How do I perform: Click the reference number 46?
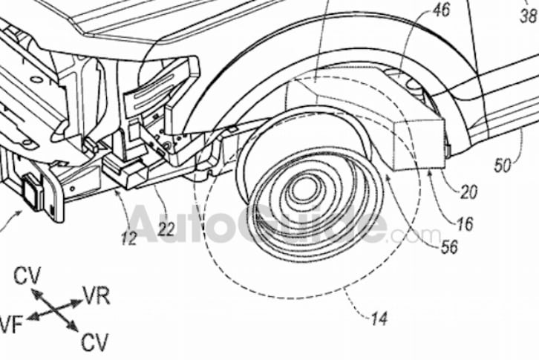tap(441, 10)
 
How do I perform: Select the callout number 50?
tap(503, 166)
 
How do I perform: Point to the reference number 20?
tap(469, 192)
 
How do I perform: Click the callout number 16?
tap(465, 224)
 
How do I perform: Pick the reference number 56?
tap(449, 246)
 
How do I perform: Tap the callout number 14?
tap(379, 318)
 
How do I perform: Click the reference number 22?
tap(166, 229)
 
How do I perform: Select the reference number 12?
tap(129, 238)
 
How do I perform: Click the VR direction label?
tap(97, 296)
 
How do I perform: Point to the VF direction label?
tap(11, 325)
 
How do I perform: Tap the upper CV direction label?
tap(27, 275)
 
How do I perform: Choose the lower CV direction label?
tap(95, 342)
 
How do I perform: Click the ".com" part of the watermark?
tap(415, 235)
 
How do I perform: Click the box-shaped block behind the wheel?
tap(419, 144)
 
